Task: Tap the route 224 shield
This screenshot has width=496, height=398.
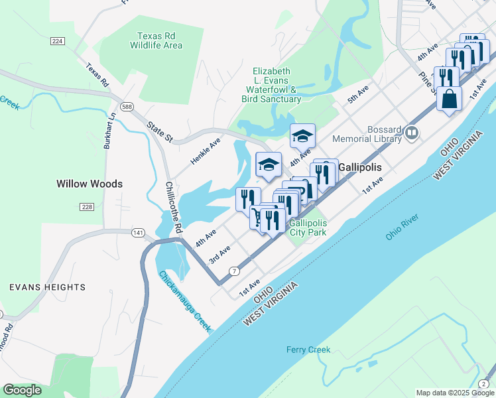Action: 58,41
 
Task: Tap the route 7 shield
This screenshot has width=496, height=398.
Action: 234,271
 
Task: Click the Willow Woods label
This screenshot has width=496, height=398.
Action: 90,184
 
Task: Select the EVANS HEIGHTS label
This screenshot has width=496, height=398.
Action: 47,287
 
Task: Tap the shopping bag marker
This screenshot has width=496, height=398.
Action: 449,99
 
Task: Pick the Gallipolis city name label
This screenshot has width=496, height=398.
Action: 361,168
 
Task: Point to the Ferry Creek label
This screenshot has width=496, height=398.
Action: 308,350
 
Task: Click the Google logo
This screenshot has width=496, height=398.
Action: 22,390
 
